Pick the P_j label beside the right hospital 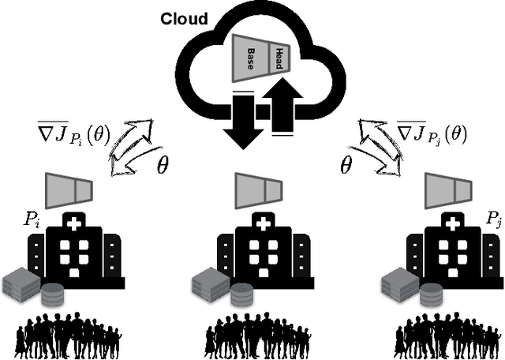(x=492, y=218)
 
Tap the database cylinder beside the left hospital (x=52, y=294)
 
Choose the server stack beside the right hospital (x=396, y=282)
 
